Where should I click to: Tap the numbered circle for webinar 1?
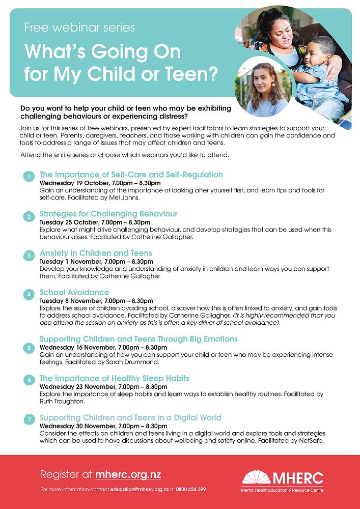30,177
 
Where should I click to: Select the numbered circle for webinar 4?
30,294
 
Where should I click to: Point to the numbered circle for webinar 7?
30,419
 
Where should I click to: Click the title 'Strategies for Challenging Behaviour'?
108,214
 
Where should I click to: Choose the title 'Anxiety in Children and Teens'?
96,253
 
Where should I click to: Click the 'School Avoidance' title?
74,292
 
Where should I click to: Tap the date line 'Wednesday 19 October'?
100,182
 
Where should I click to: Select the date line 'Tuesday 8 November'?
96,300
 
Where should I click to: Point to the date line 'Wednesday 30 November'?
103,426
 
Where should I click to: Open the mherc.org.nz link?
128,475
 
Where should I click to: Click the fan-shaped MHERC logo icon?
256,477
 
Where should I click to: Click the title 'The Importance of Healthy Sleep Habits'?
114,378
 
